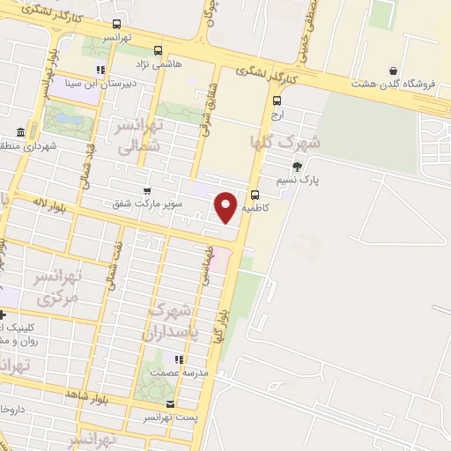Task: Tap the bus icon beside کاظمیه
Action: point(255,196)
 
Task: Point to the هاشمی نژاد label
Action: point(156,65)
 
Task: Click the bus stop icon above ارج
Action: point(277,100)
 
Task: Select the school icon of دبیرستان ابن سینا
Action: point(101,70)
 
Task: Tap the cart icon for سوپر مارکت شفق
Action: point(147,189)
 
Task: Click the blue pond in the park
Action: point(63,115)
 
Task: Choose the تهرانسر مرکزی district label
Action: point(58,287)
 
